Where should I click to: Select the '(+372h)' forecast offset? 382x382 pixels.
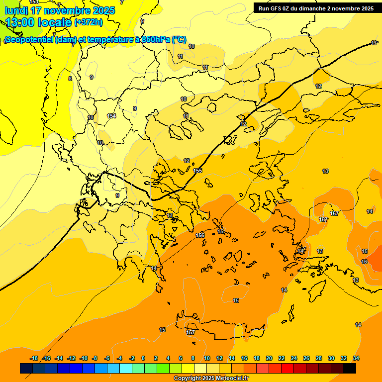tap(89, 22)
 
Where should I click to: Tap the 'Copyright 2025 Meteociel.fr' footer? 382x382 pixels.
tap(211, 378)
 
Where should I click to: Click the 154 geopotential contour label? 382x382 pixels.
tap(111, 116)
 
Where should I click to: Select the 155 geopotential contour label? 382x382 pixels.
tap(197, 171)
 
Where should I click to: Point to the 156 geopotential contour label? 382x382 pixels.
tap(200, 235)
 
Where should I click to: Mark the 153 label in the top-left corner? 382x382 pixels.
tap(34, 2)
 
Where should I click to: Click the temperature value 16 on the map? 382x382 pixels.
tap(364, 262)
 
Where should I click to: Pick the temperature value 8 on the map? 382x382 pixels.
tap(70, 79)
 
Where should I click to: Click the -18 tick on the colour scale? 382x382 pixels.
tap(34, 358)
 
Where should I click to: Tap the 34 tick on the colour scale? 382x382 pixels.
tap(356, 358)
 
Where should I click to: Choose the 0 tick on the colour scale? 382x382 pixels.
tap(143, 358)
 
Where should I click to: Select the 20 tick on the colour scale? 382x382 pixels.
tap(269, 358)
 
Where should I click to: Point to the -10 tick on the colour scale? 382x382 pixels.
tap(84, 358)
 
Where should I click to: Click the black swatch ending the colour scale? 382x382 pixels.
tap(350, 368)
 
